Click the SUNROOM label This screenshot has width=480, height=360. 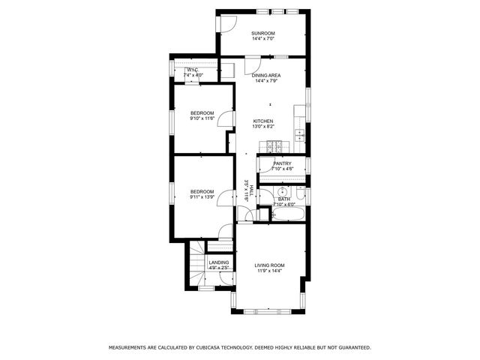pos(263,33)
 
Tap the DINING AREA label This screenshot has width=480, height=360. pos(266,76)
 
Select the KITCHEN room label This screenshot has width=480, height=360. pos(262,121)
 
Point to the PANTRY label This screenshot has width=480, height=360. pos(282,163)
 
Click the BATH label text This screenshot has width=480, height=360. pos(284,199)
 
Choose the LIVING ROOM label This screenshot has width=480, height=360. pos(269,265)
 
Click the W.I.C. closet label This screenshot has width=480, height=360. pos(191,70)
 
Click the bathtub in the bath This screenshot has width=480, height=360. pos(286,215)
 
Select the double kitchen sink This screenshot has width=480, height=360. pos(299,136)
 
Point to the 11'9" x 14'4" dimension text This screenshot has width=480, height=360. pos(269,271)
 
